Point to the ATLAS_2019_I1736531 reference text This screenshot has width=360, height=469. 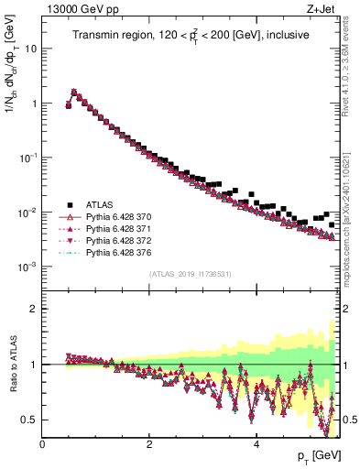point(190,274)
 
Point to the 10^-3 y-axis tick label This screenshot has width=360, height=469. point(27,267)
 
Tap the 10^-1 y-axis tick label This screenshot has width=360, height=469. point(27,158)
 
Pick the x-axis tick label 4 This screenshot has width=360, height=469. point(256,444)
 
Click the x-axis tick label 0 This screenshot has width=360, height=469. point(42,444)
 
